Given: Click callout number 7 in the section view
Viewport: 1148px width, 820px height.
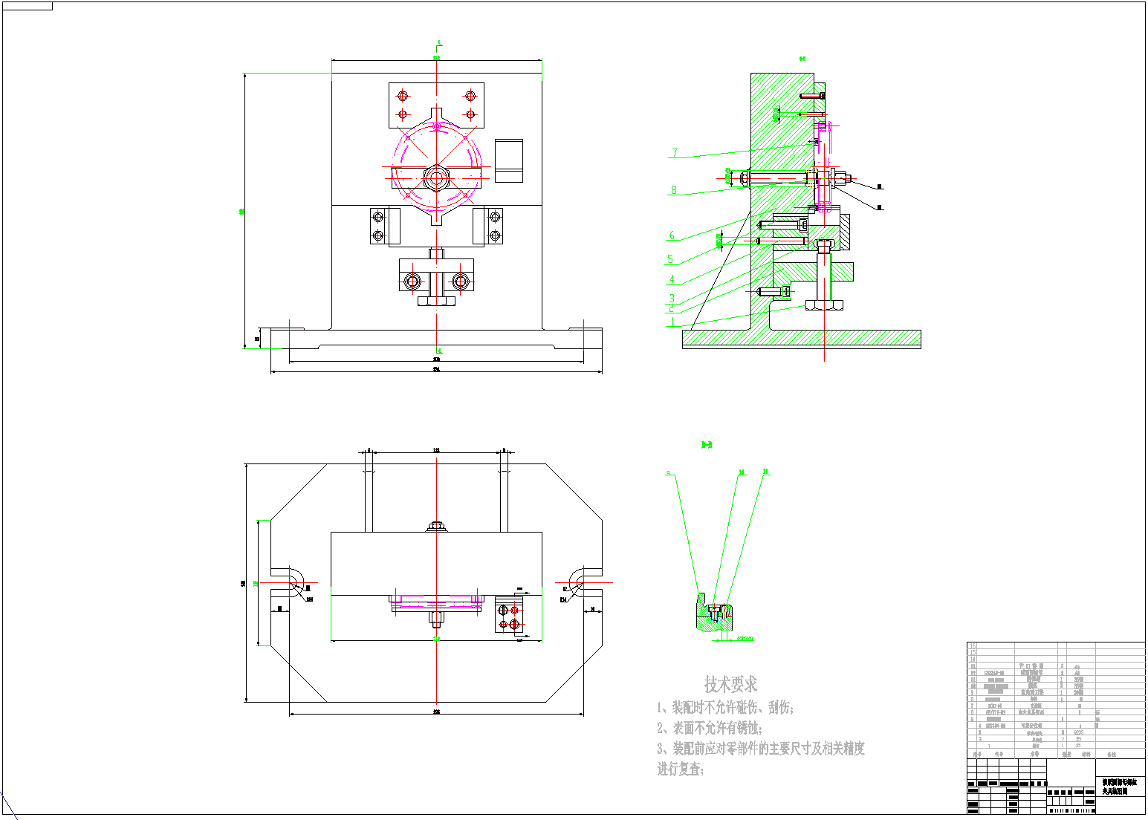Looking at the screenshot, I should [x=675, y=153].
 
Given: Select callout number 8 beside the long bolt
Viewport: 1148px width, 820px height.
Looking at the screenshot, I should [x=674, y=190].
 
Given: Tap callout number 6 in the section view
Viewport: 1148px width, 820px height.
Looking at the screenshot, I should [x=672, y=235].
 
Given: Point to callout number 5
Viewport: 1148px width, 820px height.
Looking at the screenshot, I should [x=670, y=259].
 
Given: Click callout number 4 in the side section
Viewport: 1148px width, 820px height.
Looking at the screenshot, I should [x=672, y=279].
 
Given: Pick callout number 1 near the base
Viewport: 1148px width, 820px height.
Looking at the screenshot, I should [x=673, y=322].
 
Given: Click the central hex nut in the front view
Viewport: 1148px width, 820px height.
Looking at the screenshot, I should [x=436, y=178].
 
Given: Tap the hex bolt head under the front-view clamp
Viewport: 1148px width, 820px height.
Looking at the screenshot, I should [x=436, y=301].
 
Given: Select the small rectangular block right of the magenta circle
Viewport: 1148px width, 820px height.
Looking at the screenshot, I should [x=509, y=160].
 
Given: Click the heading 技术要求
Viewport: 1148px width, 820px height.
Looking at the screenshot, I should [x=731, y=683].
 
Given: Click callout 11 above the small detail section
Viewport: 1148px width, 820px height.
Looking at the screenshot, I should [x=766, y=471].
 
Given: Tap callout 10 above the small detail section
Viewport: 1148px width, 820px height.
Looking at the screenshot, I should [x=741, y=472].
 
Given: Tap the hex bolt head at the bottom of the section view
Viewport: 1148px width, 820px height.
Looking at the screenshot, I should [x=825, y=305].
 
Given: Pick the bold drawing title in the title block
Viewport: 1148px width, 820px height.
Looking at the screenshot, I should [x=1119, y=787].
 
